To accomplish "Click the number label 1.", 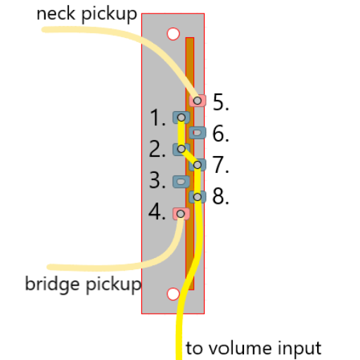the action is [157, 117].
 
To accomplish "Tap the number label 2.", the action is [157, 149].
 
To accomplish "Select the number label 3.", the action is [157, 180].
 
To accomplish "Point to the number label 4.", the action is [157, 212].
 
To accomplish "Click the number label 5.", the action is [221, 102].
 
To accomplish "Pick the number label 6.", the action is [221, 133].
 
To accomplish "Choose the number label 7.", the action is [221, 165].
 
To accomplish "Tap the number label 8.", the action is [221, 196].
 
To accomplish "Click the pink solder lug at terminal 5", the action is [198, 101].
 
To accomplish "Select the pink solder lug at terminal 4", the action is [181, 214].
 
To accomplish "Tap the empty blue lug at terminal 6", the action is [198, 133].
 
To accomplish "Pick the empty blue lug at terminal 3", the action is [181, 181].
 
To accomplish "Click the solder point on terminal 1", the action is [181, 117].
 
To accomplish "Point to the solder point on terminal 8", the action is [198, 197].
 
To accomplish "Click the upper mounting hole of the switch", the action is [173, 34].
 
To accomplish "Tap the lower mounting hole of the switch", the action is [173, 294].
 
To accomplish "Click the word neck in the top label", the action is [56, 14].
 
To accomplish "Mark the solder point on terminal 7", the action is [198, 165].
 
